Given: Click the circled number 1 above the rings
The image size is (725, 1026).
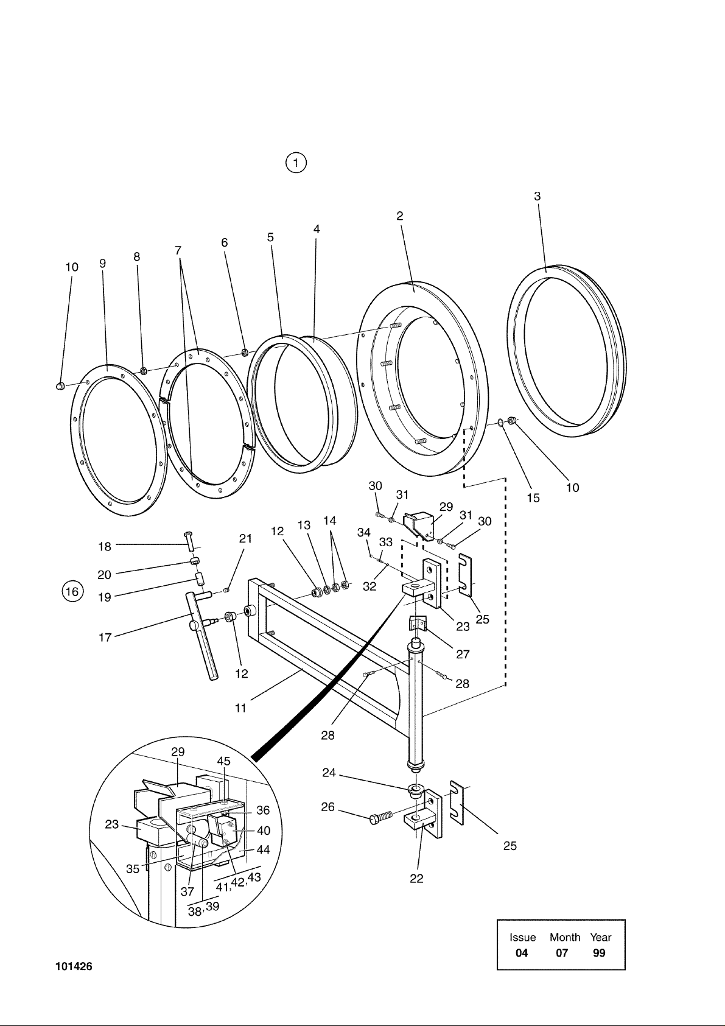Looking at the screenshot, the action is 296,163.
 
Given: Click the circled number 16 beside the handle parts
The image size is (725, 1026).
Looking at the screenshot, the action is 72,591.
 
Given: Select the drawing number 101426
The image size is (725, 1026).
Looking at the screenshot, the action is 74,966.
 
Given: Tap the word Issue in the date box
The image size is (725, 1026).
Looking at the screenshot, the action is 522,937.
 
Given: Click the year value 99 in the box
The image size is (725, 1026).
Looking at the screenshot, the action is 599,953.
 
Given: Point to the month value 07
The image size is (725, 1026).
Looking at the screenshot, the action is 562,953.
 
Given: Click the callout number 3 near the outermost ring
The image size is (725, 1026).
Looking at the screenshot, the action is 538,196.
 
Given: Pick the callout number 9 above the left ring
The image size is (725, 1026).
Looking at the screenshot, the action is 103,264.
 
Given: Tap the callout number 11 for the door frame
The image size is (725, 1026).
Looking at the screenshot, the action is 240,708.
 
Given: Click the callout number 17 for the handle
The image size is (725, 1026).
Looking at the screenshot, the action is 105,637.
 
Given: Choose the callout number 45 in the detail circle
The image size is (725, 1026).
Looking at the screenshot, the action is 223,761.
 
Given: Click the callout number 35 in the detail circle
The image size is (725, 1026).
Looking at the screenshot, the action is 132,868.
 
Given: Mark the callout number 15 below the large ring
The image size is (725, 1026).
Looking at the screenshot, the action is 533,497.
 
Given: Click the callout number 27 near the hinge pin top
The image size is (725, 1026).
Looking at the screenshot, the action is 463,653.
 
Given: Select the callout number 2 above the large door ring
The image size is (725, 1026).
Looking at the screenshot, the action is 400,216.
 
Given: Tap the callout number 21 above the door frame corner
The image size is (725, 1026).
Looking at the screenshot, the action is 245,538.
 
